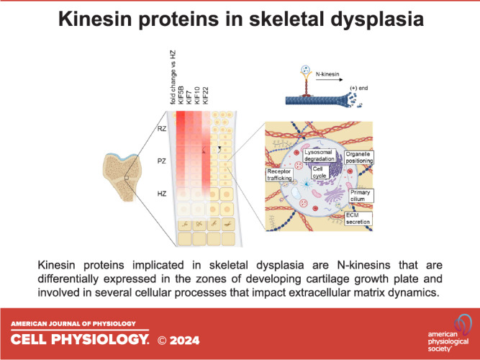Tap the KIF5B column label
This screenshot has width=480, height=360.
pyautogui.click(x=181, y=95)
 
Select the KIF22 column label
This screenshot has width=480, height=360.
pyautogui.click(x=205, y=96)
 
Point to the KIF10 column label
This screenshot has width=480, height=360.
pyautogui.click(x=197, y=96)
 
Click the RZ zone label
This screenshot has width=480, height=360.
pyautogui.click(x=162, y=129)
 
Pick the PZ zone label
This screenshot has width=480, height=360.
pyautogui.click(x=162, y=161)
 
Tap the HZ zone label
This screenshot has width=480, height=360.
pyautogui.click(x=162, y=194)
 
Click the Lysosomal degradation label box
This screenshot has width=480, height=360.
pyautogui.click(x=320, y=156)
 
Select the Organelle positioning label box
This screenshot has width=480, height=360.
pyautogui.click(x=359, y=158)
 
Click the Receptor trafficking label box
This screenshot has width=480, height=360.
pyautogui.click(x=279, y=175)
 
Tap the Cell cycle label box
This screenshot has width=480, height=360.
pyautogui.click(x=320, y=172)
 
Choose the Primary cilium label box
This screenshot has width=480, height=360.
pyautogui.click(x=361, y=195)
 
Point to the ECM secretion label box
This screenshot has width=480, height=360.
pyautogui.click(x=358, y=218)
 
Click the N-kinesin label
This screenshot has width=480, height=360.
pyautogui.click(x=327, y=74)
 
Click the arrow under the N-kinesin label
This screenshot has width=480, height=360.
pyautogui.click(x=330, y=80)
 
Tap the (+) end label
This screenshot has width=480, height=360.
pyautogui.click(x=359, y=89)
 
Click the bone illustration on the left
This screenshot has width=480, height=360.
pyautogui.click(x=122, y=177)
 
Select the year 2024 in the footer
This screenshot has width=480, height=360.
pyautogui.click(x=184, y=341)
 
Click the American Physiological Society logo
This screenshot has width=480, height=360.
pyautogui.click(x=450, y=333)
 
